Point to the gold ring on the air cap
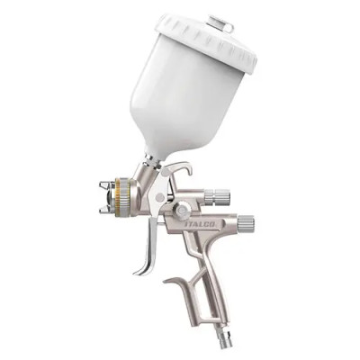click(122, 195)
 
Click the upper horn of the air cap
click(105, 184)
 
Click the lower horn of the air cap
click(105, 209)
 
